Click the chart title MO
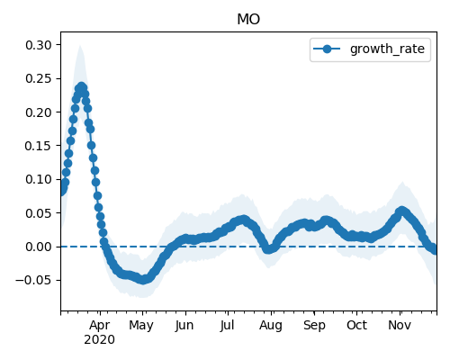click(x=248, y=19)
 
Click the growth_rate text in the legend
click(x=387, y=49)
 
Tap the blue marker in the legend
click(x=327, y=49)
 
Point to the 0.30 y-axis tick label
click(x=39, y=45)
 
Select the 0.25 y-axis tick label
click(x=39, y=78)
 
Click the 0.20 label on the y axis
click(x=39, y=112)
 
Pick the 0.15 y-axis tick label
click(x=39, y=146)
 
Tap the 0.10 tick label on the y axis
click(x=39, y=179)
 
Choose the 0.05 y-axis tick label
click(x=39, y=213)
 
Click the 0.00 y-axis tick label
click(x=39, y=247)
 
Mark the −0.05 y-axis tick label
click(x=33, y=280)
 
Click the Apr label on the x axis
click(x=100, y=326)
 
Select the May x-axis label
click(x=141, y=326)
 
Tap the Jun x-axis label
click(x=184, y=325)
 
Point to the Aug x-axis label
click(x=271, y=326)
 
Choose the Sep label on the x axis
click(x=314, y=326)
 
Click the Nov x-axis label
click(x=400, y=325)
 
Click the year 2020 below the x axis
click(x=99, y=340)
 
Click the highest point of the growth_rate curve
click(x=82, y=87)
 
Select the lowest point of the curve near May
click(x=143, y=280)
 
